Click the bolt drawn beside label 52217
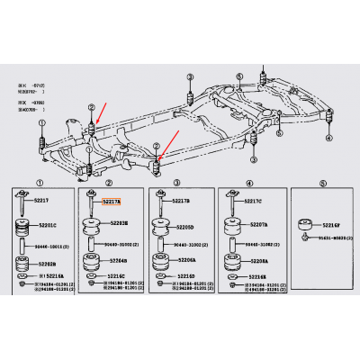(x=20, y=204)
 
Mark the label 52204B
(x=117, y=262)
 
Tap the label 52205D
(x=185, y=228)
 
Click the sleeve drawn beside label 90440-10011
(x=20, y=243)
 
